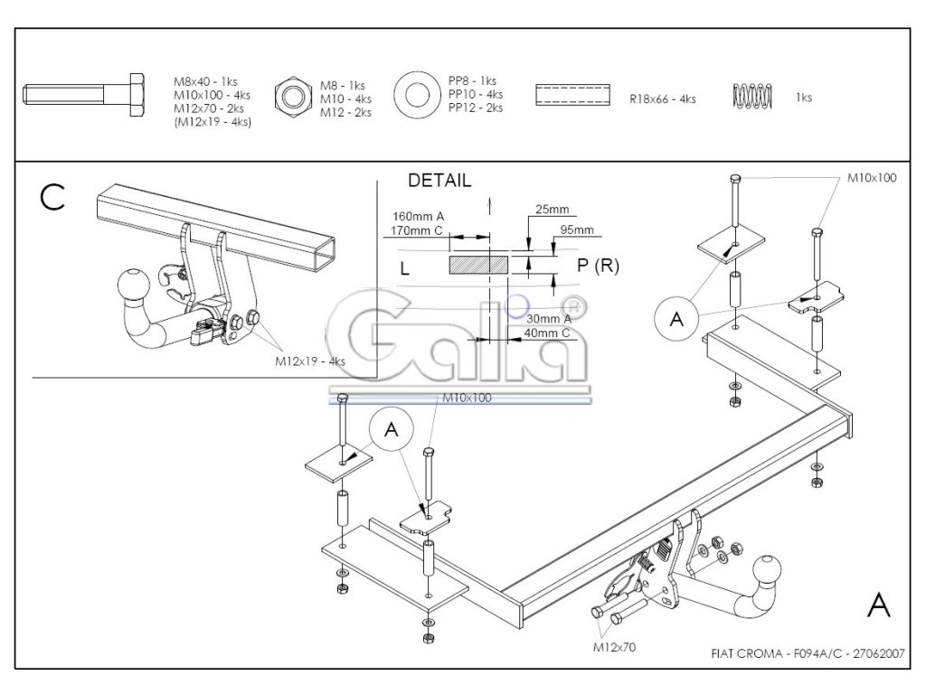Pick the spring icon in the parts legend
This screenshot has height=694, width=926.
[x=751, y=95]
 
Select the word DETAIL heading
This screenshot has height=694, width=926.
[x=439, y=181]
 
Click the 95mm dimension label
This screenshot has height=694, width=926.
[x=577, y=230]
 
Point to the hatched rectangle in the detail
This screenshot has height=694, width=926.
[x=479, y=265]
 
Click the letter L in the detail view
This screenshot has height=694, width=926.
[x=404, y=267]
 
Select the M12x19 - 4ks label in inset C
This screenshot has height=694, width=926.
[x=310, y=361]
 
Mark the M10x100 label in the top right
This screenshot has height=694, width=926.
[x=872, y=178]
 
